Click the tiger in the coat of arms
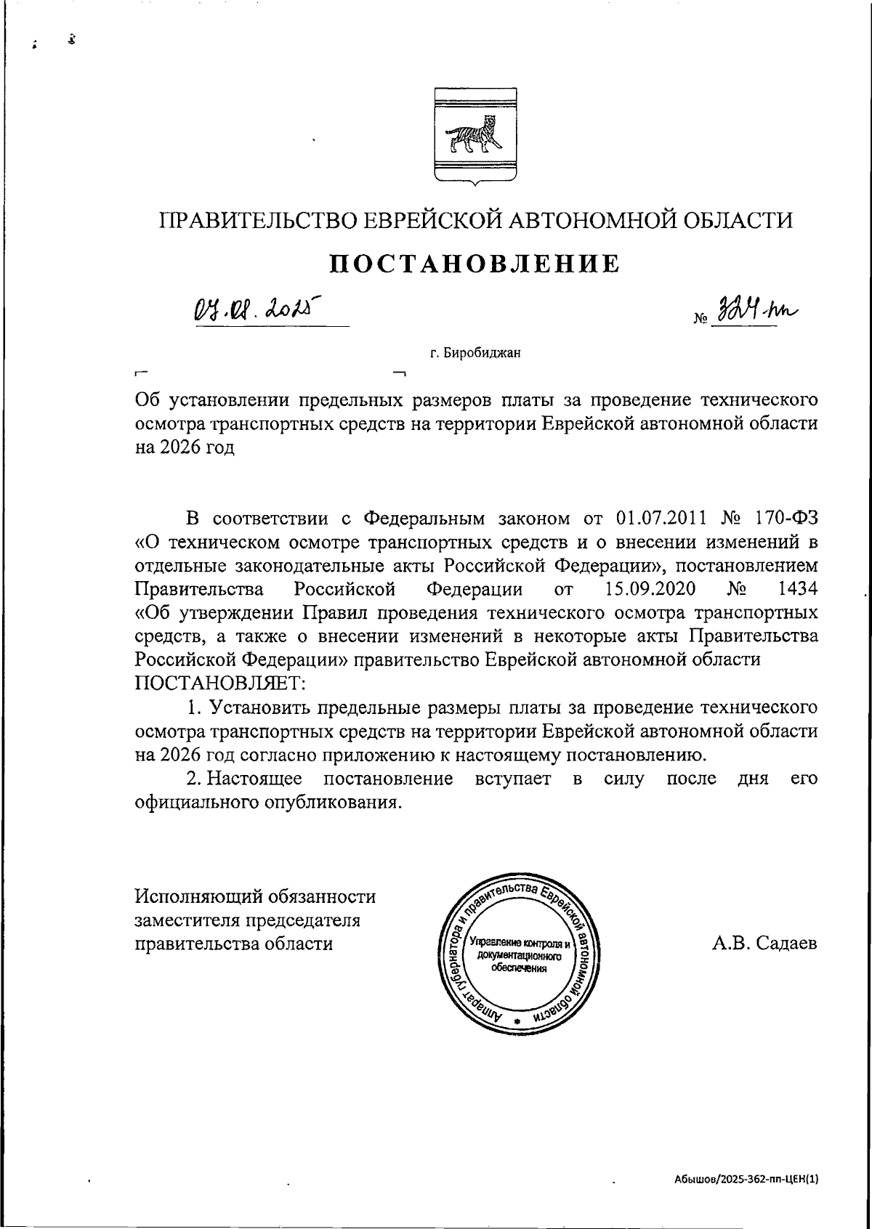(475, 137)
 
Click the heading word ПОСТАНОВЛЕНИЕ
(476, 263)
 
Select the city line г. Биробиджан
(475, 354)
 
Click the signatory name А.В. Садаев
(764, 944)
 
